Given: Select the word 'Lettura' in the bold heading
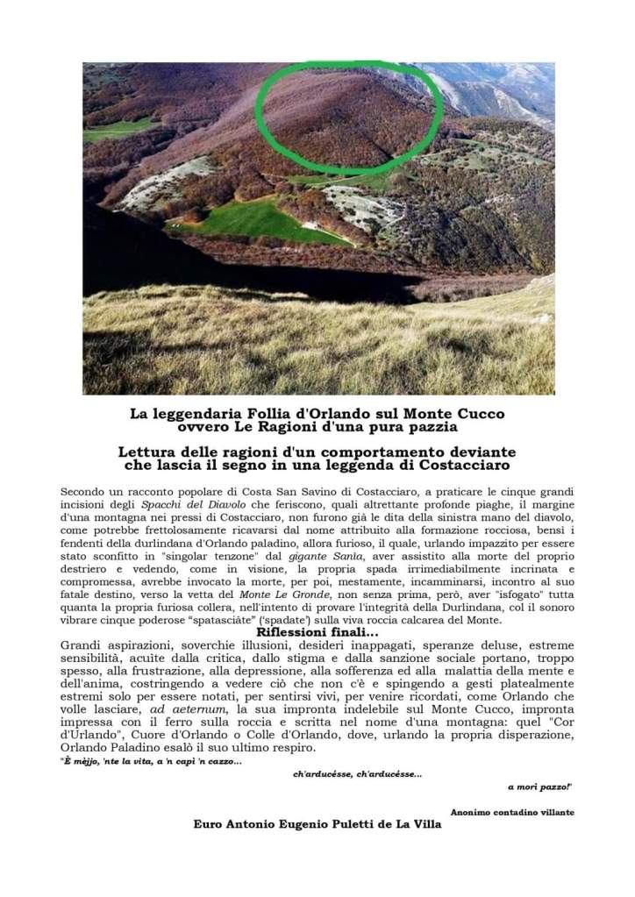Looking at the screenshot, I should pos(149,452).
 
